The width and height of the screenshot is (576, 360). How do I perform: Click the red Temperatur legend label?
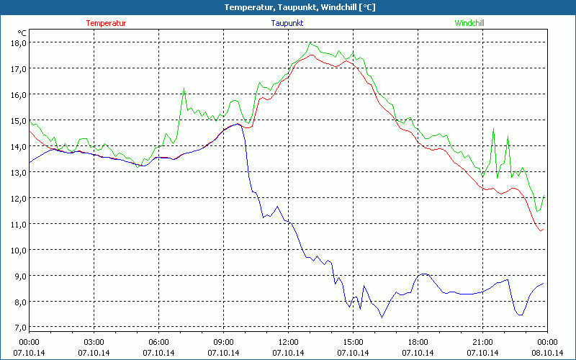(106, 23)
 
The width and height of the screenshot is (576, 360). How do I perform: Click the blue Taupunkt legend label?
(288, 23)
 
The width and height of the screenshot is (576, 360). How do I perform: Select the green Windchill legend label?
(469, 23)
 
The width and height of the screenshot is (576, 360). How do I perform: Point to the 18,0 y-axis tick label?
(17, 42)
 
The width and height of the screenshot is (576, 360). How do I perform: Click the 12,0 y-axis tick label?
(17, 198)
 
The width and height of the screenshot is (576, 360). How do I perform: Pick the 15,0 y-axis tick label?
(17, 120)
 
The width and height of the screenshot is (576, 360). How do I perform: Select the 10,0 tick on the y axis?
(17, 250)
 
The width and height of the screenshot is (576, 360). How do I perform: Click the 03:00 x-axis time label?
(94, 341)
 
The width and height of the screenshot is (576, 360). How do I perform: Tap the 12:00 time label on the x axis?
(288, 341)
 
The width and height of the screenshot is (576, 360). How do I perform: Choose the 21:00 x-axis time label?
(482, 341)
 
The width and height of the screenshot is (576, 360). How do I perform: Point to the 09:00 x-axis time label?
(223, 341)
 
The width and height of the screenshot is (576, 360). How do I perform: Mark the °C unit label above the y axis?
(22, 32)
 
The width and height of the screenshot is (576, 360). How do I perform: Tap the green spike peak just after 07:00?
(184, 89)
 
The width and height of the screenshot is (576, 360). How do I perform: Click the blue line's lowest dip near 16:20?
(382, 318)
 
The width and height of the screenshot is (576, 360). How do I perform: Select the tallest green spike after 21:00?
(493, 129)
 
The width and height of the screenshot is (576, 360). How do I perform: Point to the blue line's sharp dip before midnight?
(519, 315)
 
